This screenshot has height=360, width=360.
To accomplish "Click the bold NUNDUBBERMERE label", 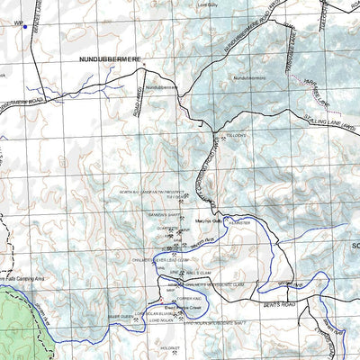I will pyautogui.click(x=98, y=56).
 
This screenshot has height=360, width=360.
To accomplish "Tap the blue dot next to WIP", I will pyautogui.click(x=25, y=27).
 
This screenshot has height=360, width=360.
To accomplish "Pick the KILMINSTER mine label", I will pyautogui.click(x=238, y=221).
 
